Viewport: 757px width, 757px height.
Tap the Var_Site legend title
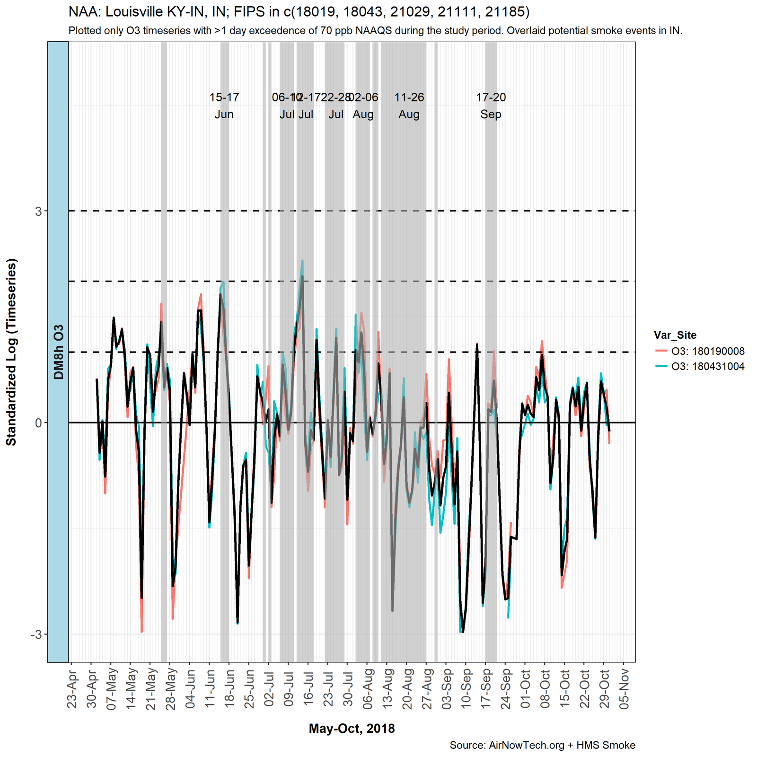(x=675, y=335)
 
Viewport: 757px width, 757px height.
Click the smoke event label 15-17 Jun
(x=224, y=106)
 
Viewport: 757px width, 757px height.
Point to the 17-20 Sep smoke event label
(x=491, y=106)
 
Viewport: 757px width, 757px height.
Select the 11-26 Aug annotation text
(x=409, y=106)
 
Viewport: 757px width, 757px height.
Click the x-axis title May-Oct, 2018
(x=352, y=729)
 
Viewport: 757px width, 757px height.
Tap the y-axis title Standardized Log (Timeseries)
(x=11, y=352)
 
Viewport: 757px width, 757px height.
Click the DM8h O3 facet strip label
(x=58, y=352)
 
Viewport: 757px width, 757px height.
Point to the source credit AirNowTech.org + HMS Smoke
(x=542, y=746)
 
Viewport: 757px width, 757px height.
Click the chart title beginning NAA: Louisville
(x=299, y=11)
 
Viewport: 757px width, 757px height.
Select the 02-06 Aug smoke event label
(x=363, y=106)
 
